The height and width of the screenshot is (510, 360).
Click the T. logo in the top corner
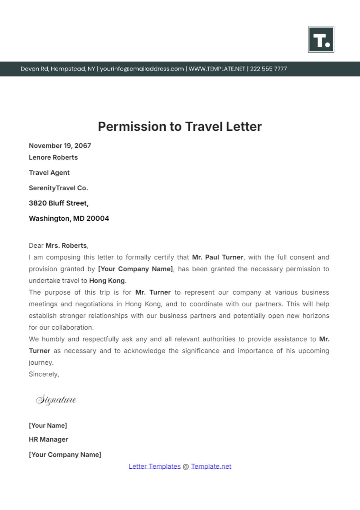click(x=321, y=40)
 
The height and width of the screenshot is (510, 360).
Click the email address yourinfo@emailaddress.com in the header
click(x=142, y=69)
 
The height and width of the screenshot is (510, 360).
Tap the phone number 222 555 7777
click(x=268, y=69)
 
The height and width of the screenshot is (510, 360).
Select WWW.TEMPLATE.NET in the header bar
click(x=217, y=69)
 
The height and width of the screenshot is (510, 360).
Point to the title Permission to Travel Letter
click(x=180, y=127)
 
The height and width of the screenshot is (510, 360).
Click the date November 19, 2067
click(x=60, y=146)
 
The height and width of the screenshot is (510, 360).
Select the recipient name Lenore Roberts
click(x=53, y=157)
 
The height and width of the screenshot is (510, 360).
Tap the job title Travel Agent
click(x=49, y=173)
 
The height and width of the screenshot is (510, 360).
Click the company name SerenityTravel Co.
click(x=58, y=188)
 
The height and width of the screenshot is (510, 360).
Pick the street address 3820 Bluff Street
click(x=58, y=203)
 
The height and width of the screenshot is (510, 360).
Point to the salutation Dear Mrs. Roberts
click(x=58, y=246)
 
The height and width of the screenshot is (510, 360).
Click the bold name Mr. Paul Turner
click(x=217, y=257)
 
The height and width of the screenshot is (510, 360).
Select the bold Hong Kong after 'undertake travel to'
click(x=107, y=281)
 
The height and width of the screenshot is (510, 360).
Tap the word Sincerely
click(x=44, y=374)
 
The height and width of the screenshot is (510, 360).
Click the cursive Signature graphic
click(x=56, y=400)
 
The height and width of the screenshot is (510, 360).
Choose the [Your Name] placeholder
click(x=48, y=425)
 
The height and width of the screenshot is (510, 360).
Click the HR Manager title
click(x=48, y=440)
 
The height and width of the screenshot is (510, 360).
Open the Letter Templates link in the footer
click(x=154, y=467)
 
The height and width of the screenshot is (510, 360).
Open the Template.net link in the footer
click(x=211, y=467)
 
